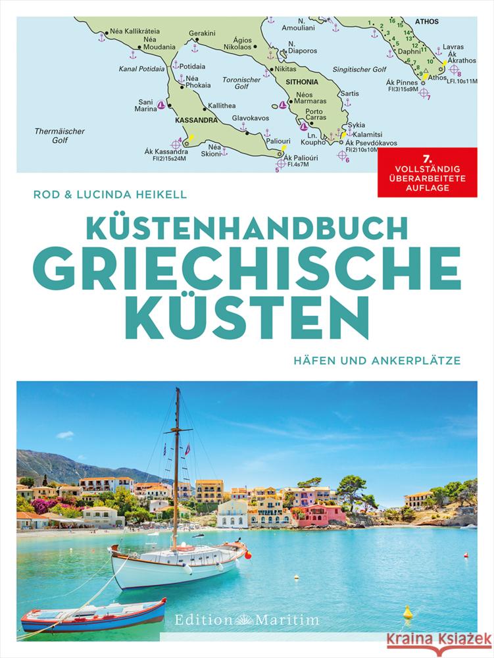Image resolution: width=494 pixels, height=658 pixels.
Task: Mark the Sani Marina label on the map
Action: (146, 106)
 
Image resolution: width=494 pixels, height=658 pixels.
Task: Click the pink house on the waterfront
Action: (324, 514)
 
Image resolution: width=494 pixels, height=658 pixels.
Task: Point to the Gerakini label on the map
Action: (202, 32)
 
